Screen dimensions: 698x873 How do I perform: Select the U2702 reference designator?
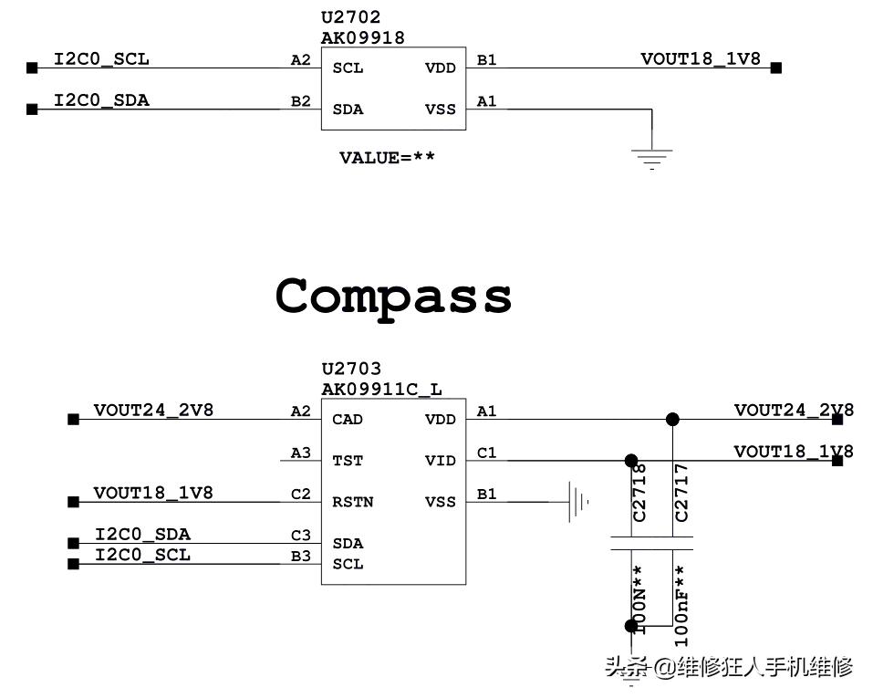(x=350, y=17)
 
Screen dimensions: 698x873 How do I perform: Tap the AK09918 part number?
(x=362, y=38)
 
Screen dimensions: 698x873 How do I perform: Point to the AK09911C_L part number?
(x=381, y=390)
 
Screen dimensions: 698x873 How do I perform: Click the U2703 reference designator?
(x=350, y=370)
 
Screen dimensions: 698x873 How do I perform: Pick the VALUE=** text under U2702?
(x=387, y=158)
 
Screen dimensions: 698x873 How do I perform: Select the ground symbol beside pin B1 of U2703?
(x=577, y=501)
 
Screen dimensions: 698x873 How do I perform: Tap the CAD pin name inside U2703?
(x=348, y=420)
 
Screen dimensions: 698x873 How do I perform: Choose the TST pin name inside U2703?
(x=348, y=461)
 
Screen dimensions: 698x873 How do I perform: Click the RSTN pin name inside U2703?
(x=352, y=502)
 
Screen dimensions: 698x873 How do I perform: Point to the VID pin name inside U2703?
(x=440, y=461)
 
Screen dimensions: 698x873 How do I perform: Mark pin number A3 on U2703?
(x=300, y=453)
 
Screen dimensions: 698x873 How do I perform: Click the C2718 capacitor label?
(x=639, y=493)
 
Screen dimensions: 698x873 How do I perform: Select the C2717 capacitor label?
(x=681, y=493)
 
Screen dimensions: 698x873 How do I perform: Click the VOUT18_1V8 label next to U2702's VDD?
(x=700, y=59)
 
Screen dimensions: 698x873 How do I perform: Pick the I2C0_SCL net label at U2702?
(x=101, y=59)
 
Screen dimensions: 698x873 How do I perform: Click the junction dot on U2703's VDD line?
(x=672, y=420)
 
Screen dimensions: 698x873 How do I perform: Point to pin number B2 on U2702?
(x=300, y=101)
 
